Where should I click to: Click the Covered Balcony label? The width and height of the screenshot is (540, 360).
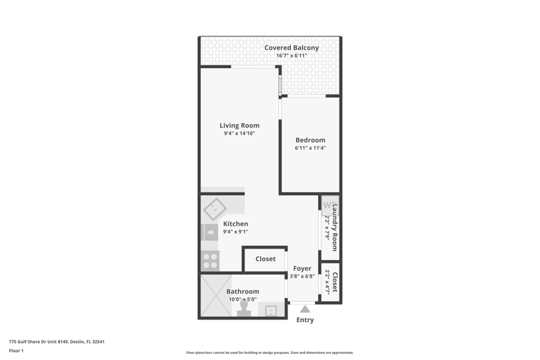pos(292,48)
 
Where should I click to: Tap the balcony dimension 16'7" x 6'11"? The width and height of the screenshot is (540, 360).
pos(292,55)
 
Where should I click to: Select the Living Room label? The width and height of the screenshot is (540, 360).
pos(240,126)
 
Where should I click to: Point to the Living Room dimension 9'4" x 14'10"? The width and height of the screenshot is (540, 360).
pos(240,133)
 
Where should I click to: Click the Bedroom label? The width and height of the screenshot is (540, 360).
pos(310,140)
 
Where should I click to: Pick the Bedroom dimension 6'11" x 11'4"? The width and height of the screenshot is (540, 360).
pos(310,148)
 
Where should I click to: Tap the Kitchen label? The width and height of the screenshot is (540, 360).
pos(236,224)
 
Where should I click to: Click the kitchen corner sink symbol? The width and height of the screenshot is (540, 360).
pos(215,209)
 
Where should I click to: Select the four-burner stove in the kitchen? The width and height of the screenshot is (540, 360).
pos(210,261)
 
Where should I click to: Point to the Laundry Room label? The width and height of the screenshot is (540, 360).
pos(334,228)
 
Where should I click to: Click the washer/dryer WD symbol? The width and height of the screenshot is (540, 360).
pos(329,205)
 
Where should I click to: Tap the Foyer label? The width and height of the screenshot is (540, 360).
pos(302,268)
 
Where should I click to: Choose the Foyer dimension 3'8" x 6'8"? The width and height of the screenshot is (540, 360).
pos(302,276)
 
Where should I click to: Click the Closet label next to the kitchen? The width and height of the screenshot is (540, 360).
pos(265,259)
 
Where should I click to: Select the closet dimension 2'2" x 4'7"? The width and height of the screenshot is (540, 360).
pos(327,281)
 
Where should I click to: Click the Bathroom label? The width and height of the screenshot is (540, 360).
pos(242,292)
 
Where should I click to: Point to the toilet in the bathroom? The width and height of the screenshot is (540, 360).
pos(244,309)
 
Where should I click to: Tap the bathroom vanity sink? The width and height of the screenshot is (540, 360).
pos(271,311)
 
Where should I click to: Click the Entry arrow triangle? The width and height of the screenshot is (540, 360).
pos(305,309)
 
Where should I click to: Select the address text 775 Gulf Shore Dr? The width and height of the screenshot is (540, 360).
pos(28,342)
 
